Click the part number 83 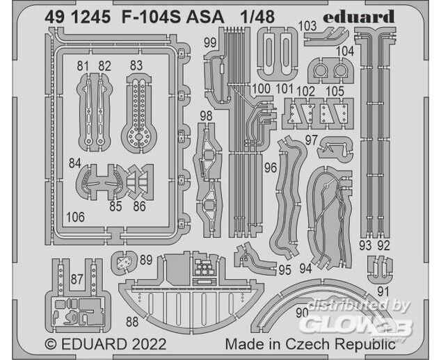tap(136, 66)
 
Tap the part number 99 tap(210, 43)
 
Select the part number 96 tap(271, 167)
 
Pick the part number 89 tap(145, 260)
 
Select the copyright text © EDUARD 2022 tap(97, 344)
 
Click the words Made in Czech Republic tap(310, 344)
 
